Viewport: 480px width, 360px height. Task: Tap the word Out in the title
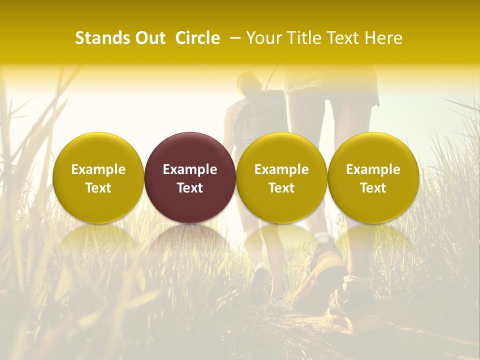pos(150,38)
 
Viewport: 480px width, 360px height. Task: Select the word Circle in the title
pos(197,38)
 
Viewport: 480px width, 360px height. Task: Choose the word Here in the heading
pos(383,38)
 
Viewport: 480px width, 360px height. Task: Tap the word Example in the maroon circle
pos(190,169)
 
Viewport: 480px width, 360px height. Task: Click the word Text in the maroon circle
pos(190,188)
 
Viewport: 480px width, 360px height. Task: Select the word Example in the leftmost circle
pos(98,169)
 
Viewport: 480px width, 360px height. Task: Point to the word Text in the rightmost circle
pos(373,188)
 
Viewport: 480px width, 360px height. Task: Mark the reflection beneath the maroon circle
pos(190,240)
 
